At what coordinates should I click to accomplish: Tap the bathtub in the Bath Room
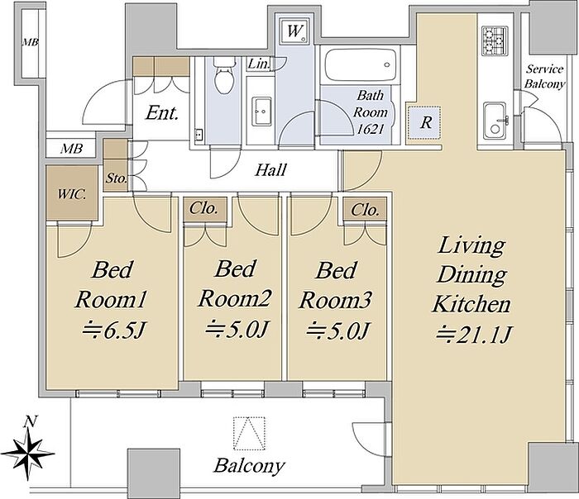pos(360,65)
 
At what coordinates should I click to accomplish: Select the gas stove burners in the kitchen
pos(495,40)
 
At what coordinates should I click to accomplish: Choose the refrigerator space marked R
pos(424,122)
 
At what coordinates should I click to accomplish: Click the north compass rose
pos(29,452)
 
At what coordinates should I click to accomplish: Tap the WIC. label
pos(72,194)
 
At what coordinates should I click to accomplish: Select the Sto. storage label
pos(117,178)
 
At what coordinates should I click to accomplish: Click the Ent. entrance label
pos(162,113)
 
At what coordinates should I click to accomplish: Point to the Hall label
pos(271,170)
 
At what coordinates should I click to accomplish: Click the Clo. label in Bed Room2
pos(203,208)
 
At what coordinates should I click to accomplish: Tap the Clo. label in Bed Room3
pos(365,210)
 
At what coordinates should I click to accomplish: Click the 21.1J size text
pos(474,334)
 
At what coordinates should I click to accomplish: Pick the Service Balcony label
pos(545,76)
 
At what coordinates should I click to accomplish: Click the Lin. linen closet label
pos(258,64)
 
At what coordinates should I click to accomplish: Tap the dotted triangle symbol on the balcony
pos(250,434)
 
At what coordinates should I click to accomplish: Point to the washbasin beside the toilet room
pos(262,112)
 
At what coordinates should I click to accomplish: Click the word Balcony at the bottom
pos(249,465)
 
